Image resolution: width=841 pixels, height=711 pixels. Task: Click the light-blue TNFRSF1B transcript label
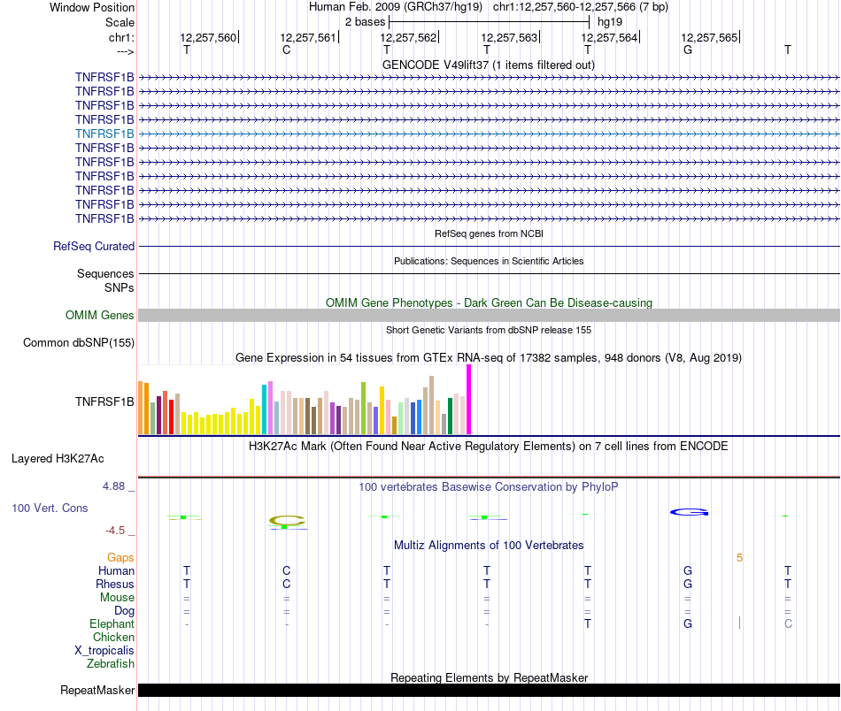104,134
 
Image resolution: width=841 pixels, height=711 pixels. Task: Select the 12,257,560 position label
208,37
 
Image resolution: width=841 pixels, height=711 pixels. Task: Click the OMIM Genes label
100,315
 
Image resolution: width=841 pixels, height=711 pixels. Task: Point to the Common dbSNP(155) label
79,342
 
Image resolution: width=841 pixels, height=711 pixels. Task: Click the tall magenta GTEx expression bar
468,400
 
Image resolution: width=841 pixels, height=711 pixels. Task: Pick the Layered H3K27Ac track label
58,458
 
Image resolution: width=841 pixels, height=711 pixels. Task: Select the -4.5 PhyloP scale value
115,531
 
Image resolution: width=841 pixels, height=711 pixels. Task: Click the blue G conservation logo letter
689,512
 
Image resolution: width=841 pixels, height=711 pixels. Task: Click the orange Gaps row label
120,558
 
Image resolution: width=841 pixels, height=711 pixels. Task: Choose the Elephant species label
112,624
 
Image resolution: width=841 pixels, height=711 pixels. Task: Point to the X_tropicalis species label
104,651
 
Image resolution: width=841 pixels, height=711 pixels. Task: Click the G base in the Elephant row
688,624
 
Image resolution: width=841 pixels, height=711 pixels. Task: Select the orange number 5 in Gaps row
739,558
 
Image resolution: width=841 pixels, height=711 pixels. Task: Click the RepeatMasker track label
97,690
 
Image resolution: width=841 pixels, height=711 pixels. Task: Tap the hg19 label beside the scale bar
609,21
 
